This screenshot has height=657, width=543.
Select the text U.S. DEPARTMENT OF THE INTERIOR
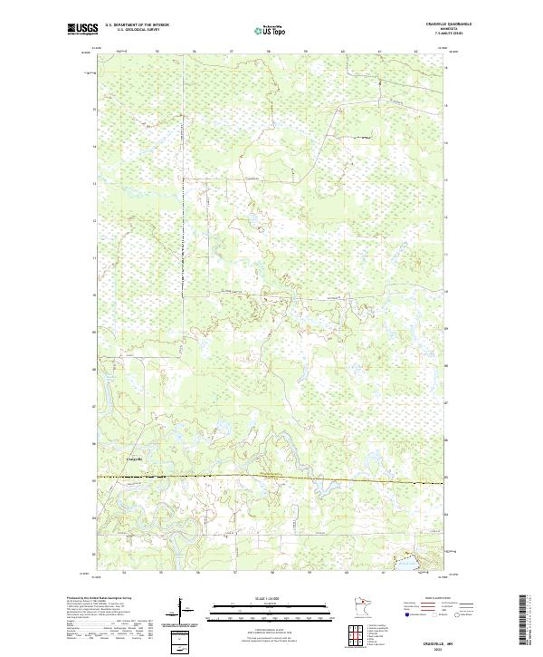[137, 24]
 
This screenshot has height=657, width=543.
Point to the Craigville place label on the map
[133, 459]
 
